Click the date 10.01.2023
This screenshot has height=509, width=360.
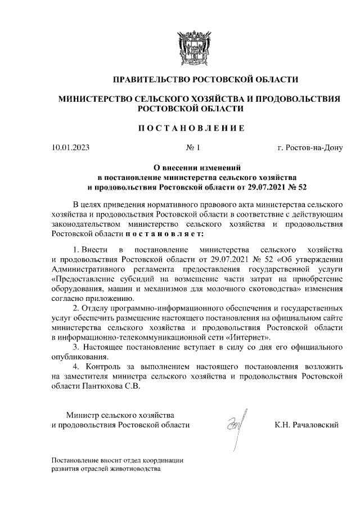[70, 149]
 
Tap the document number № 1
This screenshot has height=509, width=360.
[193, 149]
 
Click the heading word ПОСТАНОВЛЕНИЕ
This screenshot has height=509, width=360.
[191, 128]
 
